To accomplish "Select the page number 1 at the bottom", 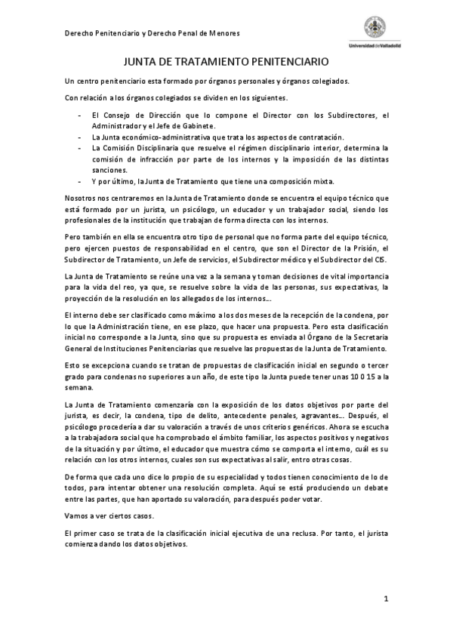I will pyautogui.click(x=385, y=599).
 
